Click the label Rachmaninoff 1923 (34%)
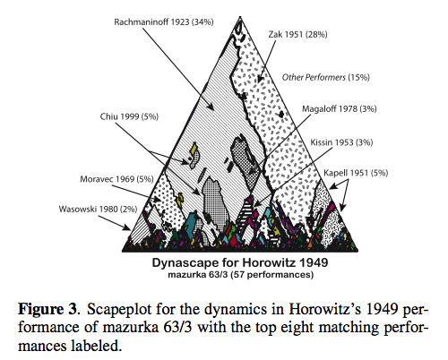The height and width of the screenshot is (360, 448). point(164,22)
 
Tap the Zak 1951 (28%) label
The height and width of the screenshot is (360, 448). point(297,35)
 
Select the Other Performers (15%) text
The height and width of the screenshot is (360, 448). point(326,77)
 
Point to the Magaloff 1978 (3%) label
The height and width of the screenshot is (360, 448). point(340,108)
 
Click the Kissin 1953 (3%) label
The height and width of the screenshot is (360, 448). point(341,142)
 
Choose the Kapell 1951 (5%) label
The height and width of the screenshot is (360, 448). point(356,173)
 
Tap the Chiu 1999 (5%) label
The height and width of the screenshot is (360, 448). point(129,116)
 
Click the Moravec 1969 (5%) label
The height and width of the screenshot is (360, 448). point(116,179)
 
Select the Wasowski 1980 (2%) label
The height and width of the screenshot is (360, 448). point(98,209)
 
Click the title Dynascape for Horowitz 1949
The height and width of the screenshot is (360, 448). point(240,262)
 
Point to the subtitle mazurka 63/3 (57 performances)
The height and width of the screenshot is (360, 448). point(241,275)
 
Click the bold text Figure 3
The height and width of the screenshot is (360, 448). point(47,309)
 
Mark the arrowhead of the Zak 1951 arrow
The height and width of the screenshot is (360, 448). point(260,78)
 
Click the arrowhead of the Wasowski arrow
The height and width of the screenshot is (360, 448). point(127,227)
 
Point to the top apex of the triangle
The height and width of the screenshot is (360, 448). point(240,17)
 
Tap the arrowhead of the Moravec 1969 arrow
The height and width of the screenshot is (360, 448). point(157,199)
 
